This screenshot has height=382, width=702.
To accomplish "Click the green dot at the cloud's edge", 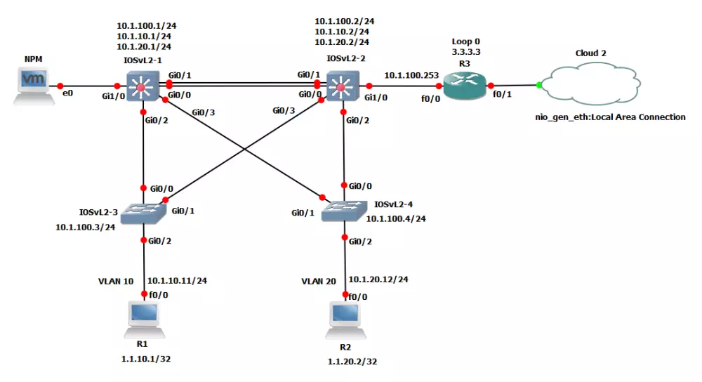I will (539, 86).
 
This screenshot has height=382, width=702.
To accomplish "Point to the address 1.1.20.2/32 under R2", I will (344, 362).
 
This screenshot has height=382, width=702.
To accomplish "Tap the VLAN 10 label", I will (115, 281).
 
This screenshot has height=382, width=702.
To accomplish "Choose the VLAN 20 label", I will (320, 281).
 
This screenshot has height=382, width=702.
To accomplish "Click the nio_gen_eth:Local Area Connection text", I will (610, 117).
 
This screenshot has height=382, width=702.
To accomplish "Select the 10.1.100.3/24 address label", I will (85, 227).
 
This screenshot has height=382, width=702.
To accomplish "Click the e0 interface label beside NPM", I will (68, 93).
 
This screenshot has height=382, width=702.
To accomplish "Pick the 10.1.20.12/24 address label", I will (378, 279).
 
